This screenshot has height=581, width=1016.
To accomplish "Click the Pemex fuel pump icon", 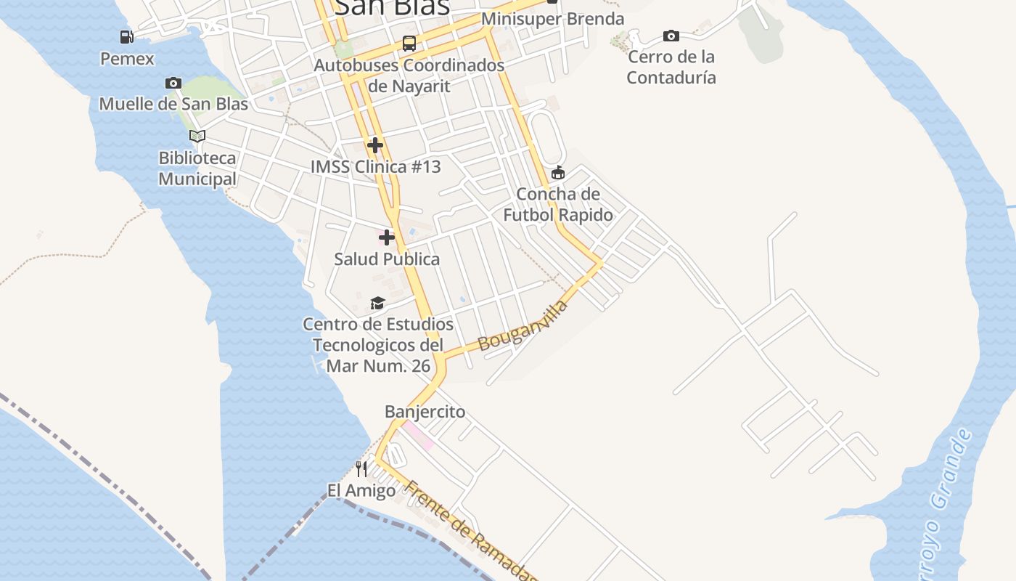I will (x=127, y=37).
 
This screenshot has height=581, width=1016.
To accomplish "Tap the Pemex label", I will (x=127, y=59).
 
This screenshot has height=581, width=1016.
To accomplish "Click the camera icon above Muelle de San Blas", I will (x=173, y=83).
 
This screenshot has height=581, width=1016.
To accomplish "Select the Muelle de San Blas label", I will (x=173, y=104).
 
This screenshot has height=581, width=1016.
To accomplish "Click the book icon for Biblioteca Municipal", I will (x=197, y=136).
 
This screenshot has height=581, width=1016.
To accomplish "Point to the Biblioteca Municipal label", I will (x=197, y=168).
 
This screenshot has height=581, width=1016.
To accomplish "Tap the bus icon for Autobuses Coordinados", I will (x=409, y=44).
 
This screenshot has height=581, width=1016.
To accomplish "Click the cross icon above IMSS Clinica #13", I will (x=375, y=145).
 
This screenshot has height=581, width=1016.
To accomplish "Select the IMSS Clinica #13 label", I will (x=375, y=167).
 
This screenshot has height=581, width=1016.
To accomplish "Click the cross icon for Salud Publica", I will (x=387, y=237).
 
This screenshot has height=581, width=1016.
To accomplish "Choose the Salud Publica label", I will (x=387, y=259).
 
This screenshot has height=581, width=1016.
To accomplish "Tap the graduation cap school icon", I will (x=377, y=303).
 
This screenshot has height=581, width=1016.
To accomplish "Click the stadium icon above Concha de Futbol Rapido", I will (x=557, y=173).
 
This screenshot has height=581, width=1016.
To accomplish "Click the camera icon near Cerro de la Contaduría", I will (x=671, y=36).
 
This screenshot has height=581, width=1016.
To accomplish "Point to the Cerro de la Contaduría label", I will (x=671, y=68).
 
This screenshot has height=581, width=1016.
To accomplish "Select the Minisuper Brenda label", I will (x=552, y=19).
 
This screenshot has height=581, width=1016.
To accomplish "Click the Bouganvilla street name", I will (x=523, y=326).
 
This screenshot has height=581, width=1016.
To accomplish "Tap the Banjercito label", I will (x=425, y=413).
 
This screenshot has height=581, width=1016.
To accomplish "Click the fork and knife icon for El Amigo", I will (x=361, y=468).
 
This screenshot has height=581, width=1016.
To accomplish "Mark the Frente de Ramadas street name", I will (x=472, y=531).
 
